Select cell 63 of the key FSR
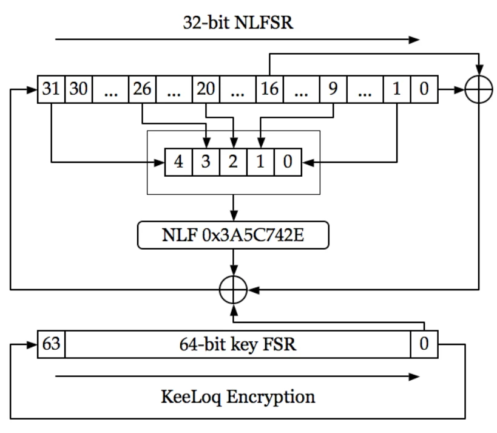pyautogui.click(x=51, y=344)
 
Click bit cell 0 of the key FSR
pyautogui.click(x=424, y=344)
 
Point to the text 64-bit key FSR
pyautogui.click(x=237, y=344)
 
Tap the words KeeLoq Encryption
pyautogui.click(x=237, y=397)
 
